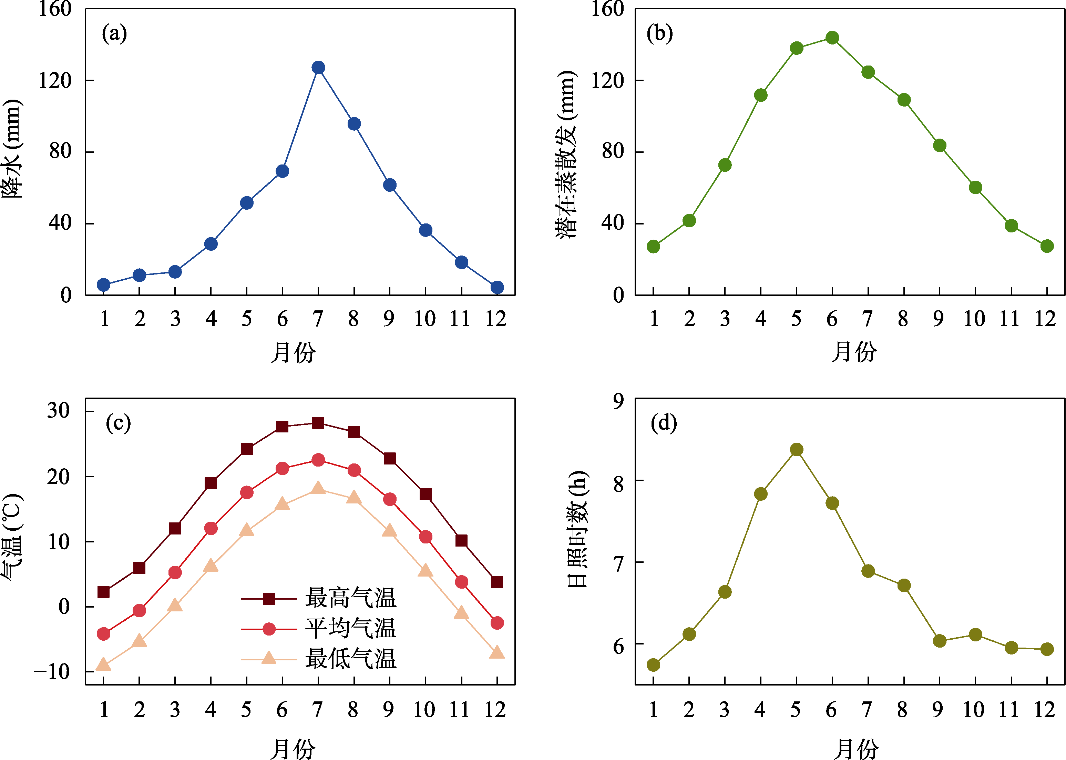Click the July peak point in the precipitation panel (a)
point(318,67)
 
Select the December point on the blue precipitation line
point(497,287)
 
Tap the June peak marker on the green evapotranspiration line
point(832,38)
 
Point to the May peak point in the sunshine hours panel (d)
point(796,450)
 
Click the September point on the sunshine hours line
point(939,641)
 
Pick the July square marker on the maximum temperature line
point(318,423)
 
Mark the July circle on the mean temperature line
point(318,460)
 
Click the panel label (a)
point(114,34)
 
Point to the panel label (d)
point(664,423)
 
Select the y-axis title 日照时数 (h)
point(578,529)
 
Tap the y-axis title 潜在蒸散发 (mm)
point(566,154)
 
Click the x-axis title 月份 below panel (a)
point(293,352)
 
